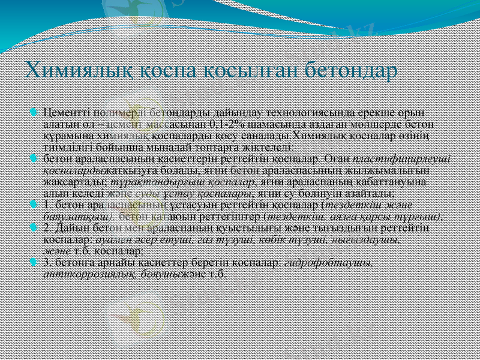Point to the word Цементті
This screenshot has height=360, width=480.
[63, 113]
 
